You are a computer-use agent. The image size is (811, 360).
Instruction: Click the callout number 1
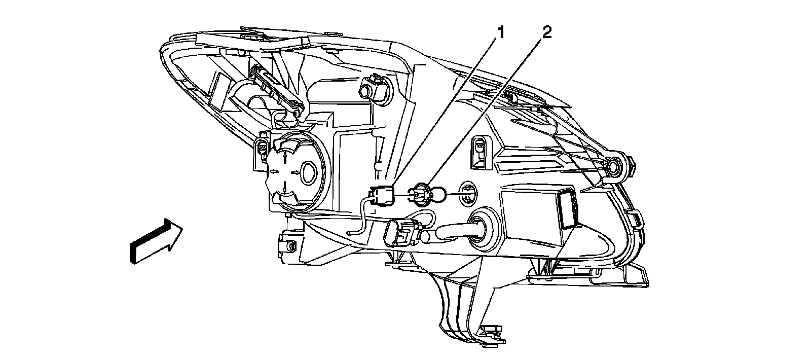(501, 33)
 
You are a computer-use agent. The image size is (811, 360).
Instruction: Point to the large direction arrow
(155, 240)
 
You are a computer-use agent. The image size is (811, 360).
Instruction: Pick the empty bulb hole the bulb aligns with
(468, 193)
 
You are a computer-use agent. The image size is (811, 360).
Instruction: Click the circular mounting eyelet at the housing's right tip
(614, 166)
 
